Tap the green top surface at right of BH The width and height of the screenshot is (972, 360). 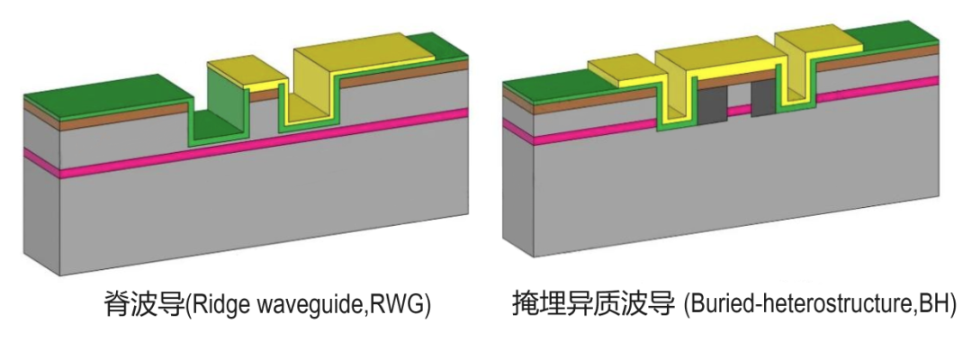(x=891, y=36)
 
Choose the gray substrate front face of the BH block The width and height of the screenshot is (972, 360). (x=720, y=189)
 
